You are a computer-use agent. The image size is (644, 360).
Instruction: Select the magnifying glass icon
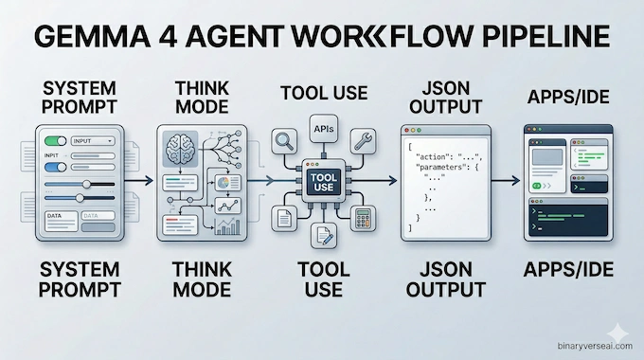[x=281, y=142]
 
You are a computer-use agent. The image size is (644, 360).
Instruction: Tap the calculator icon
[x=360, y=220]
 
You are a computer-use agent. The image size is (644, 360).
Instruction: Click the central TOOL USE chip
[x=321, y=180]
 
